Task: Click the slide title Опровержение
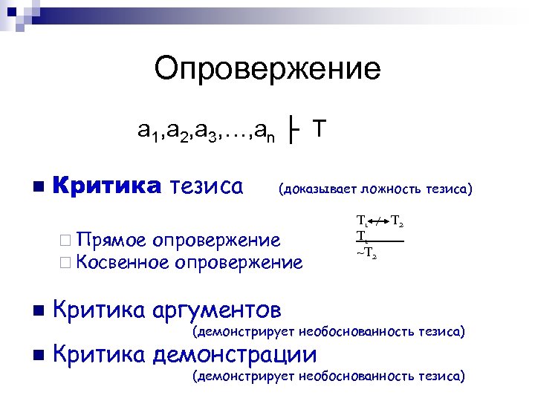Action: [x=267, y=70]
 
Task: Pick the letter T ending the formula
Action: [x=318, y=129]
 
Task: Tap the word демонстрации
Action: [x=233, y=355]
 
